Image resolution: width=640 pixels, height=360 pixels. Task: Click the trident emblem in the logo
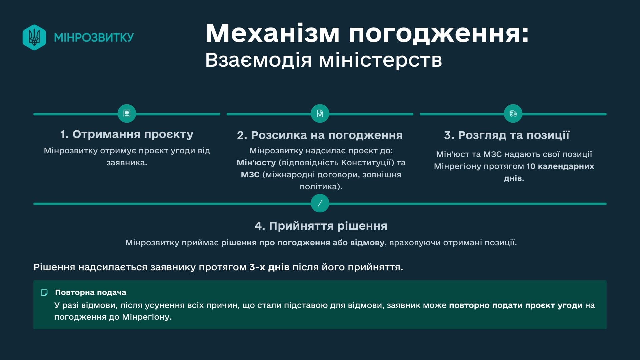click(x=34, y=37)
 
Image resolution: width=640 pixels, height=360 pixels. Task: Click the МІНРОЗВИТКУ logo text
click(x=94, y=37)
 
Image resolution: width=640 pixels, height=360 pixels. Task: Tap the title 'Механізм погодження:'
click(x=367, y=33)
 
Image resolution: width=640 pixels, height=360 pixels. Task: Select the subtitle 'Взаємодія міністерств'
click(x=323, y=60)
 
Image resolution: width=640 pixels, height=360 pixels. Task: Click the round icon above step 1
click(x=127, y=114)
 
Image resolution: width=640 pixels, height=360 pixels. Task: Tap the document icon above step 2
click(x=320, y=114)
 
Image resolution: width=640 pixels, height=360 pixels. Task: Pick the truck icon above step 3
click(x=513, y=114)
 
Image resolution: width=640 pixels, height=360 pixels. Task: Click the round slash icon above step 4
click(x=320, y=203)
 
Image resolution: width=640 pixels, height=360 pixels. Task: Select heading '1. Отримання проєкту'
click(x=127, y=134)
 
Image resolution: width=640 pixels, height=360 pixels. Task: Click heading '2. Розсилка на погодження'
click(x=320, y=135)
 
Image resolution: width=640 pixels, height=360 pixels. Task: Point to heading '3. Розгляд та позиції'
click(x=507, y=135)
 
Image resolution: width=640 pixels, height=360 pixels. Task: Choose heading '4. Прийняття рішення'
click(x=321, y=226)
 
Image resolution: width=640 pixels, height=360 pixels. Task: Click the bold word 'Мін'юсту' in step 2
click(x=256, y=163)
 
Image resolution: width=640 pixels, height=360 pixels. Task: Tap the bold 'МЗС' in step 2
click(x=250, y=175)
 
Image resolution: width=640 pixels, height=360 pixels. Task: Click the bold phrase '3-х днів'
click(x=269, y=267)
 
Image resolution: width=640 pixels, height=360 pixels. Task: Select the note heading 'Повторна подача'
click(x=91, y=292)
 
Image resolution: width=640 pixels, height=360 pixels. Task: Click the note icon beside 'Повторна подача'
click(x=44, y=293)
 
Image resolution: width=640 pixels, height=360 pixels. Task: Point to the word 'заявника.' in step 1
click(x=127, y=163)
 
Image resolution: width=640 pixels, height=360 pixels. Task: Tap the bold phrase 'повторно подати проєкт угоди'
click(x=516, y=305)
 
